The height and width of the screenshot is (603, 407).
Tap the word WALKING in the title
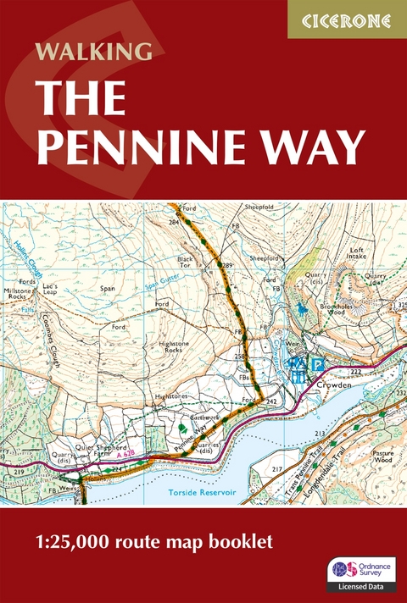click(94, 50)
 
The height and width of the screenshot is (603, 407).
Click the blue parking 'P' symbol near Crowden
click(319, 362)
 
